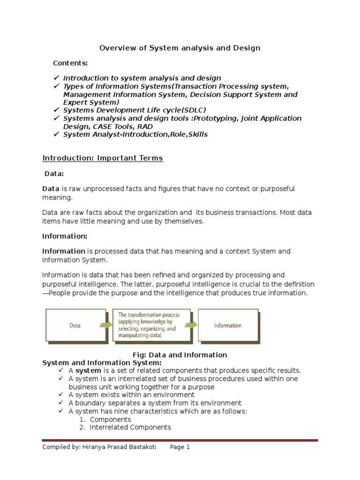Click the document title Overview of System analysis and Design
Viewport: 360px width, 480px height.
[x=180, y=48]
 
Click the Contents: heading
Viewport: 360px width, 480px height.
[x=70, y=63]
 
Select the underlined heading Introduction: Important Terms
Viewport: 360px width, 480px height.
[x=103, y=158]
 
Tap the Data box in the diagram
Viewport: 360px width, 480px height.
[x=75, y=324]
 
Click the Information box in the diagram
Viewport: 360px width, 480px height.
[x=228, y=325]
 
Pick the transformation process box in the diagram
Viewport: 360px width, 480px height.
[x=146, y=324]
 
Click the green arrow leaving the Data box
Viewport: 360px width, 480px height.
[x=105, y=324]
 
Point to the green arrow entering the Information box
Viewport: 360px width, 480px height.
[x=191, y=324]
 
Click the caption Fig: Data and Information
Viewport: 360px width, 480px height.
[x=180, y=355]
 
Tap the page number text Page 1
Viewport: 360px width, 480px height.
[x=180, y=447]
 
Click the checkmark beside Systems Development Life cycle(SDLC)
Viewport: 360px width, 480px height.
[x=56, y=111]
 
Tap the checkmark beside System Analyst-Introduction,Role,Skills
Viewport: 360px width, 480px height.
[x=56, y=135]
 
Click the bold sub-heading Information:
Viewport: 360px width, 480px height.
[x=65, y=236]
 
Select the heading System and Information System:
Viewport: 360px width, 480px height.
[x=102, y=363]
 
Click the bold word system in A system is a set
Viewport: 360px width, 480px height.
[x=89, y=371]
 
